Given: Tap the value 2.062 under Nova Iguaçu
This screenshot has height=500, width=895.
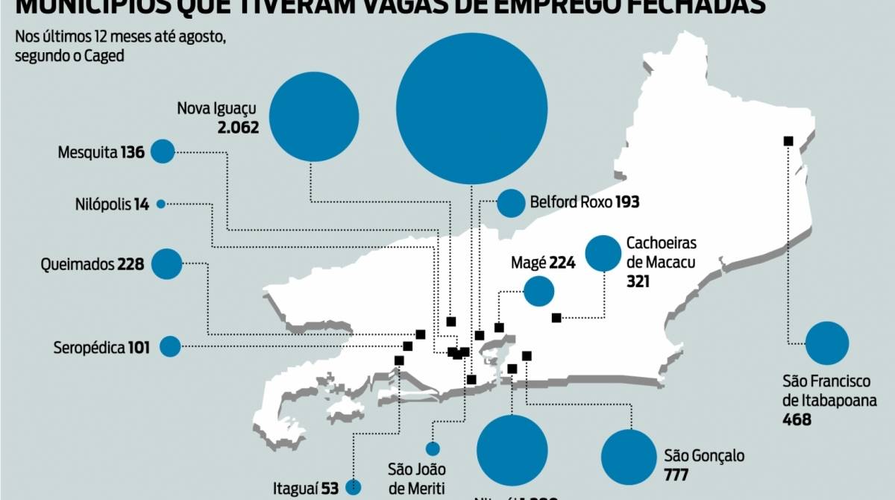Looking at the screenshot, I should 238,128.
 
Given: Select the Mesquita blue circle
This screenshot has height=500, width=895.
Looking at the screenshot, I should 162,151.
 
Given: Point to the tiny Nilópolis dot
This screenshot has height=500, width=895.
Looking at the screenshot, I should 160,203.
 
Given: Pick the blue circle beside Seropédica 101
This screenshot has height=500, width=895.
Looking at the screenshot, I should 170,346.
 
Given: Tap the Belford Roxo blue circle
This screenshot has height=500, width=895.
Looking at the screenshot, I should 512,203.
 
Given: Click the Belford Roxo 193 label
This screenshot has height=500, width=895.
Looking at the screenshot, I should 585,202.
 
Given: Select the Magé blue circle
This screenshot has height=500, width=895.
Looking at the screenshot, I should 538,291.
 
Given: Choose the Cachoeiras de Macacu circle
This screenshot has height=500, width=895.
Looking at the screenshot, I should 603,253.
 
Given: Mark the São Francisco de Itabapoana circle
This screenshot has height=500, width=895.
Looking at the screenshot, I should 827,343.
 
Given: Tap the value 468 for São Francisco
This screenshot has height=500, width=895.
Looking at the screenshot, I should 797,419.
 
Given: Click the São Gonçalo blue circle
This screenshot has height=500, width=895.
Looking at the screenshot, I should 629,457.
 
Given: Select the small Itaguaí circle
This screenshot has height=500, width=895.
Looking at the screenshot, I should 353,487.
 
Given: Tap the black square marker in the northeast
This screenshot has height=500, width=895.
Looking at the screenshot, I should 788,141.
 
